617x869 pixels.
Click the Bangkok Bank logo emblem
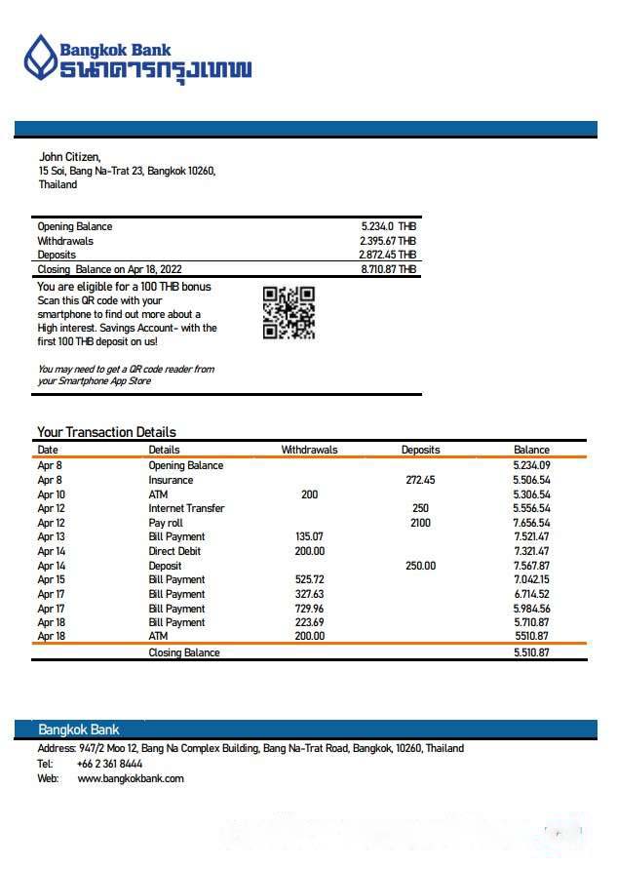pyautogui.click(x=41, y=58)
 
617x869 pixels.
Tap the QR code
pyautogui.click(x=289, y=313)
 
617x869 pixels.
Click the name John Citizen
pyautogui.click(x=69, y=157)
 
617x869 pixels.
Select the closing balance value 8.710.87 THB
pyautogui.click(x=388, y=269)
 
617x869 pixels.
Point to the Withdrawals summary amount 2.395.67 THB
pyautogui.click(x=387, y=241)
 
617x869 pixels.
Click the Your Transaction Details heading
pyautogui.click(x=106, y=432)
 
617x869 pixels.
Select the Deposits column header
pyautogui.click(x=420, y=450)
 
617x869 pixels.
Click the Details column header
pyautogui.click(x=164, y=450)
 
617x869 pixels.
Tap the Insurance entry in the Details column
pyautogui.click(x=171, y=480)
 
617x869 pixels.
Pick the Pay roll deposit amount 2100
pyautogui.click(x=420, y=523)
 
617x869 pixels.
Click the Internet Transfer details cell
pyautogui.click(x=186, y=508)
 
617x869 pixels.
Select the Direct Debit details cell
pyautogui.click(x=175, y=551)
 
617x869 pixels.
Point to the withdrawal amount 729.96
pyautogui.click(x=309, y=609)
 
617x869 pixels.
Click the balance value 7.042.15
pyautogui.click(x=531, y=579)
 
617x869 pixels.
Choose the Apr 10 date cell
pyautogui.click(x=51, y=494)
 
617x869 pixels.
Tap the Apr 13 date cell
pyautogui.click(x=51, y=536)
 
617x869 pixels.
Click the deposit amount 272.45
pyautogui.click(x=420, y=480)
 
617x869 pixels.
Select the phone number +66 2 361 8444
pyautogui.click(x=109, y=764)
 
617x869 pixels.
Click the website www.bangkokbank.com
pyautogui.click(x=131, y=778)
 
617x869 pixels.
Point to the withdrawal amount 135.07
pyautogui.click(x=309, y=536)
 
